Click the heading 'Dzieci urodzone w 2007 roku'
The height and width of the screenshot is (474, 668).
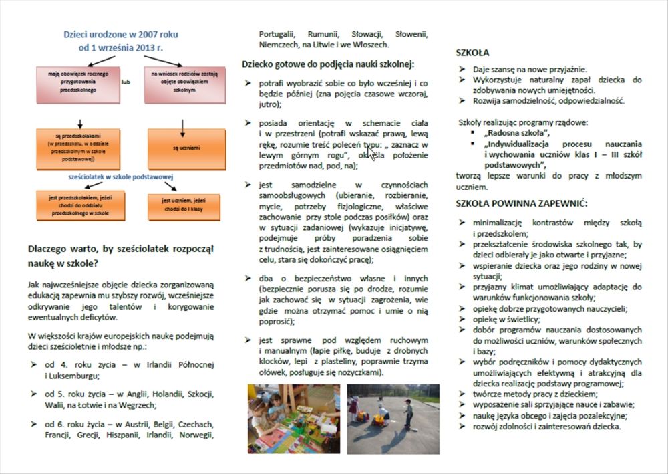121,34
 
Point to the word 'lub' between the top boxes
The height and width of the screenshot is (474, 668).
126,83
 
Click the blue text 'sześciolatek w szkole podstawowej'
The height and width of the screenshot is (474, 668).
122,176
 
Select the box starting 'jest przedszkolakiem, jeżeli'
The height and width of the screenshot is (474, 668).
79,205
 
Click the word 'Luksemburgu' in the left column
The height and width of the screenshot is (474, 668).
73,376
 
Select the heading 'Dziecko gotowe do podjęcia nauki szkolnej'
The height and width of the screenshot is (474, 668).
328,64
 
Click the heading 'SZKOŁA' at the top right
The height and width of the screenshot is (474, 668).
472,52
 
